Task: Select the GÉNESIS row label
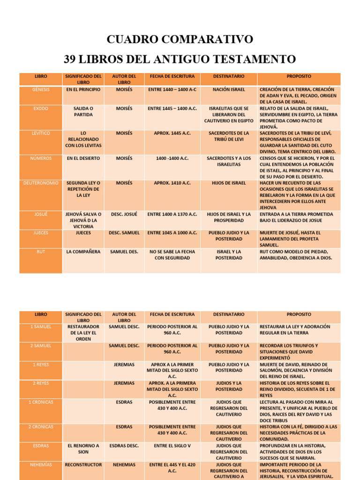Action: pyautogui.click(x=41, y=89)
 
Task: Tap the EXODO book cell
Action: pyautogui.click(x=41, y=108)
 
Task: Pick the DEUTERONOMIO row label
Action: pyautogui.click(x=41, y=183)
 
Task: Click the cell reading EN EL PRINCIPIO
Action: pyautogui.click(x=83, y=89)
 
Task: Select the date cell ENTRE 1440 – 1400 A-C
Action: pyautogui.click(x=172, y=89)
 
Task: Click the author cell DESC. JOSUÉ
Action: pyautogui.click(x=124, y=214)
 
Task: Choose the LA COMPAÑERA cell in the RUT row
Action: pyautogui.click(x=83, y=252)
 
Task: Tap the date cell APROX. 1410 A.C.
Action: pyautogui.click(x=172, y=183)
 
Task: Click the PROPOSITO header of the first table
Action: pyautogui.click(x=299, y=76)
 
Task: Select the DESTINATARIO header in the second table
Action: pyautogui.click(x=228, y=315)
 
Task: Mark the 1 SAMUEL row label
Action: pyautogui.click(x=41, y=326)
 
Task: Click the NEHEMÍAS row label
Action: pyautogui.click(x=41, y=465)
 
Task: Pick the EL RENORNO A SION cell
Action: pyautogui.click(x=83, y=449)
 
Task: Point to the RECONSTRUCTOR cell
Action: pyautogui.click(x=83, y=465)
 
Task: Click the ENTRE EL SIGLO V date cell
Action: pyautogui.click(x=172, y=446)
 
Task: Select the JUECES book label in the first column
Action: pyautogui.click(x=41, y=232)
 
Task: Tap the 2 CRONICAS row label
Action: pyautogui.click(x=41, y=427)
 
